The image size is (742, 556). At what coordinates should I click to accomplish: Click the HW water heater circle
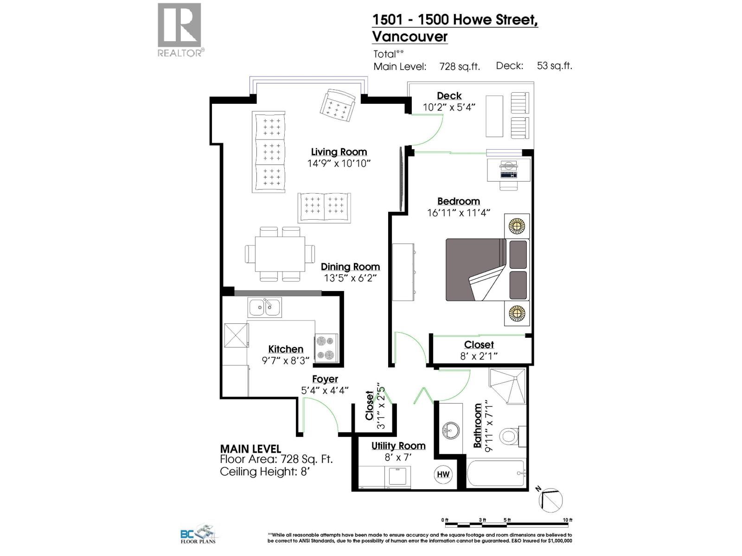(443, 474)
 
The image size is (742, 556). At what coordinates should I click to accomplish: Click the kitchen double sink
(264, 307)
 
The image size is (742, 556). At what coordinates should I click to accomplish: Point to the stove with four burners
(326, 347)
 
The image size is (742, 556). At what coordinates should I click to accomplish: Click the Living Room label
(339, 152)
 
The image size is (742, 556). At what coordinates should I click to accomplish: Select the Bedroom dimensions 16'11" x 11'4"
(459, 213)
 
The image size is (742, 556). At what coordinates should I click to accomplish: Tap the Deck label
(449, 96)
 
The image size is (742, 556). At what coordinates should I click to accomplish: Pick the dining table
(280, 254)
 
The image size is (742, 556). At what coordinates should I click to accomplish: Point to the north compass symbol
(550, 499)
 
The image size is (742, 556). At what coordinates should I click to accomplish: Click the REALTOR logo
(180, 30)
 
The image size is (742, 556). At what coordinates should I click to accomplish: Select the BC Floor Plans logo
(198, 534)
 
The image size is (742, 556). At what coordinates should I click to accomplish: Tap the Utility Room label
(398, 446)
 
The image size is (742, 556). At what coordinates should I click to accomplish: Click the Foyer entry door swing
(320, 415)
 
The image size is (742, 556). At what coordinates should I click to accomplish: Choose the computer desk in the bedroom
(509, 170)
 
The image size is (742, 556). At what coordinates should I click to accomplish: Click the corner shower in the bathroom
(508, 386)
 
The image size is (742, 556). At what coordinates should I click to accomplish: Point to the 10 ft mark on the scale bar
(567, 520)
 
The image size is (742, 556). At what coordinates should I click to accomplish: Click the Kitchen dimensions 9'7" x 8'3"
(285, 360)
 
